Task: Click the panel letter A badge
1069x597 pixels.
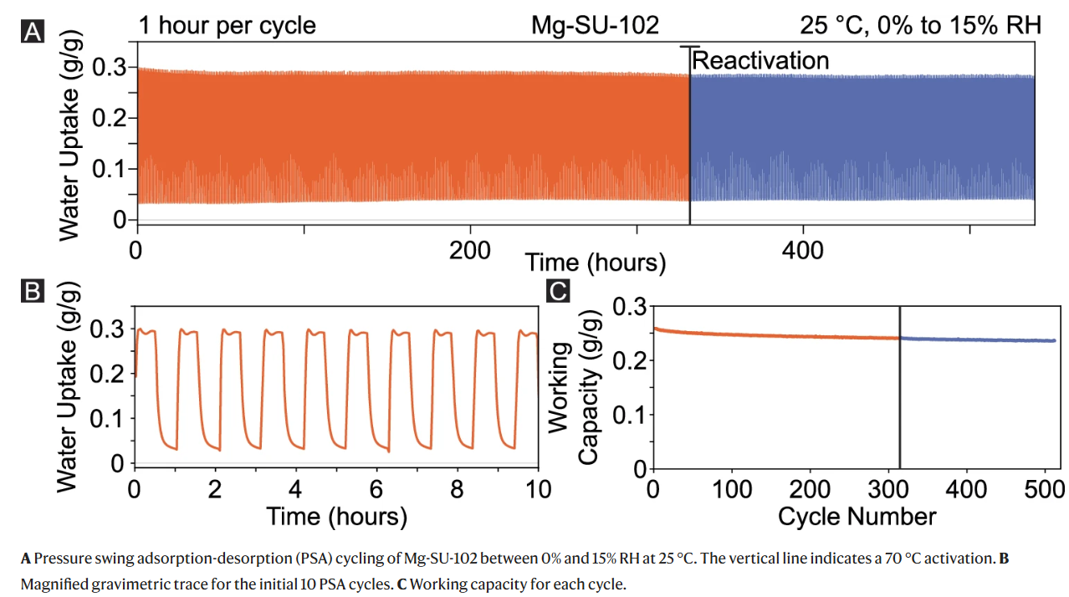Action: pyautogui.click(x=33, y=31)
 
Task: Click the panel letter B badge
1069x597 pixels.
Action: pyautogui.click(x=33, y=291)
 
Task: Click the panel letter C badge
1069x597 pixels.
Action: pyautogui.click(x=558, y=291)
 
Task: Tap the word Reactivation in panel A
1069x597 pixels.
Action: pyautogui.click(x=760, y=60)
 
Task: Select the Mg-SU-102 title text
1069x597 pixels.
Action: pyautogui.click(x=595, y=25)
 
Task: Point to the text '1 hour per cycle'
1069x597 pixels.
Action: pyautogui.click(x=228, y=25)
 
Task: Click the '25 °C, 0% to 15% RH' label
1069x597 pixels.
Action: pyautogui.click(x=921, y=25)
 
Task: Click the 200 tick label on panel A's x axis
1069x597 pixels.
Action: pyautogui.click(x=470, y=251)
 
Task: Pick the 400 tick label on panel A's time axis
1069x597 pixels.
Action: pyautogui.click(x=803, y=251)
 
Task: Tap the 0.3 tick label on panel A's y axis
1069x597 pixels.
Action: pyautogui.click(x=110, y=67)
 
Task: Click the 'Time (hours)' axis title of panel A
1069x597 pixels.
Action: pyautogui.click(x=595, y=263)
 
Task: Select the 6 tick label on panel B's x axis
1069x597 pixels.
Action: pyautogui.click(x=376, y=490)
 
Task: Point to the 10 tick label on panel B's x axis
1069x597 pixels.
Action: pyautogui.click(x=539, y=490)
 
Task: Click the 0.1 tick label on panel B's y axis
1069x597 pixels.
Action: pyautogui.click(x=107, y=420)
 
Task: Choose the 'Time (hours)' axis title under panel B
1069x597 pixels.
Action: pyautogui.click(x=337, y=517)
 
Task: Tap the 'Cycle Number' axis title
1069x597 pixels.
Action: pyautogui.click(x=857, y=517)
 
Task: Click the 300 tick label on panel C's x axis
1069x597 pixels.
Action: pyautogui.click(x=888, y=490)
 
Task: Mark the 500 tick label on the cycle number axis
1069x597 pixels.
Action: pyautogui.click(x=1045, y=490)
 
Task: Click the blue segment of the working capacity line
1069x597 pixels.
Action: pyautogui.click(x=977, y=339)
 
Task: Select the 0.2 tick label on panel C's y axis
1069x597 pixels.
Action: pyautogui.click(x=630, y=360)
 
